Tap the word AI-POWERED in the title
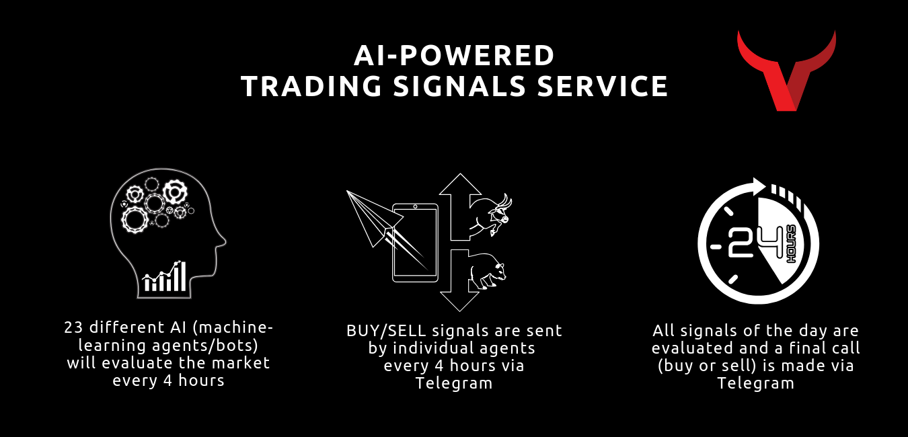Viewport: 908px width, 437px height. (x=454, y=56)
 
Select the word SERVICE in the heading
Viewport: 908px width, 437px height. (x=603, y=86)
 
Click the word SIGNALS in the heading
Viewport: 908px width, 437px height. (x=459, y=86)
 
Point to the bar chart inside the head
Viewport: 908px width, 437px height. (x=165, y=276)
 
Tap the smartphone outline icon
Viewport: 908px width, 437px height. (x=415, y=243)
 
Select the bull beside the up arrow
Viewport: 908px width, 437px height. (x=490, y=214)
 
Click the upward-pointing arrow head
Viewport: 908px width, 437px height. (x=460, y=184)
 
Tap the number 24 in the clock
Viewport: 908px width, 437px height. (x=755, y=242)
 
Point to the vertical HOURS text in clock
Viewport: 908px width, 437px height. (x=791, y=244)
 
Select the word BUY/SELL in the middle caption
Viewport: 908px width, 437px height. (x=386, y=331)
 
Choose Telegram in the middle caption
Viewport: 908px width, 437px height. (x=454, y=383)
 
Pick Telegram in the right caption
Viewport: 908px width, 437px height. (x=755, y=383)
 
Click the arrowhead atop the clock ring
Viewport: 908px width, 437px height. (x=759, y=186)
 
